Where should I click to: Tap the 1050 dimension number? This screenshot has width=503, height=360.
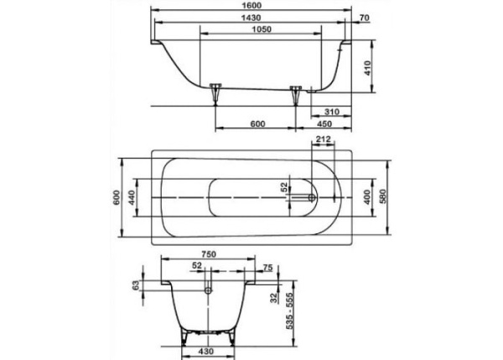tap(259, 31)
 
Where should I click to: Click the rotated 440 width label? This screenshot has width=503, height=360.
tap(132, 199)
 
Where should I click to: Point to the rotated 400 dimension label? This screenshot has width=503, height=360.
tap(366, 199)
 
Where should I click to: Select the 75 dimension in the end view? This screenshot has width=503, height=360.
tap(267, 267)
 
